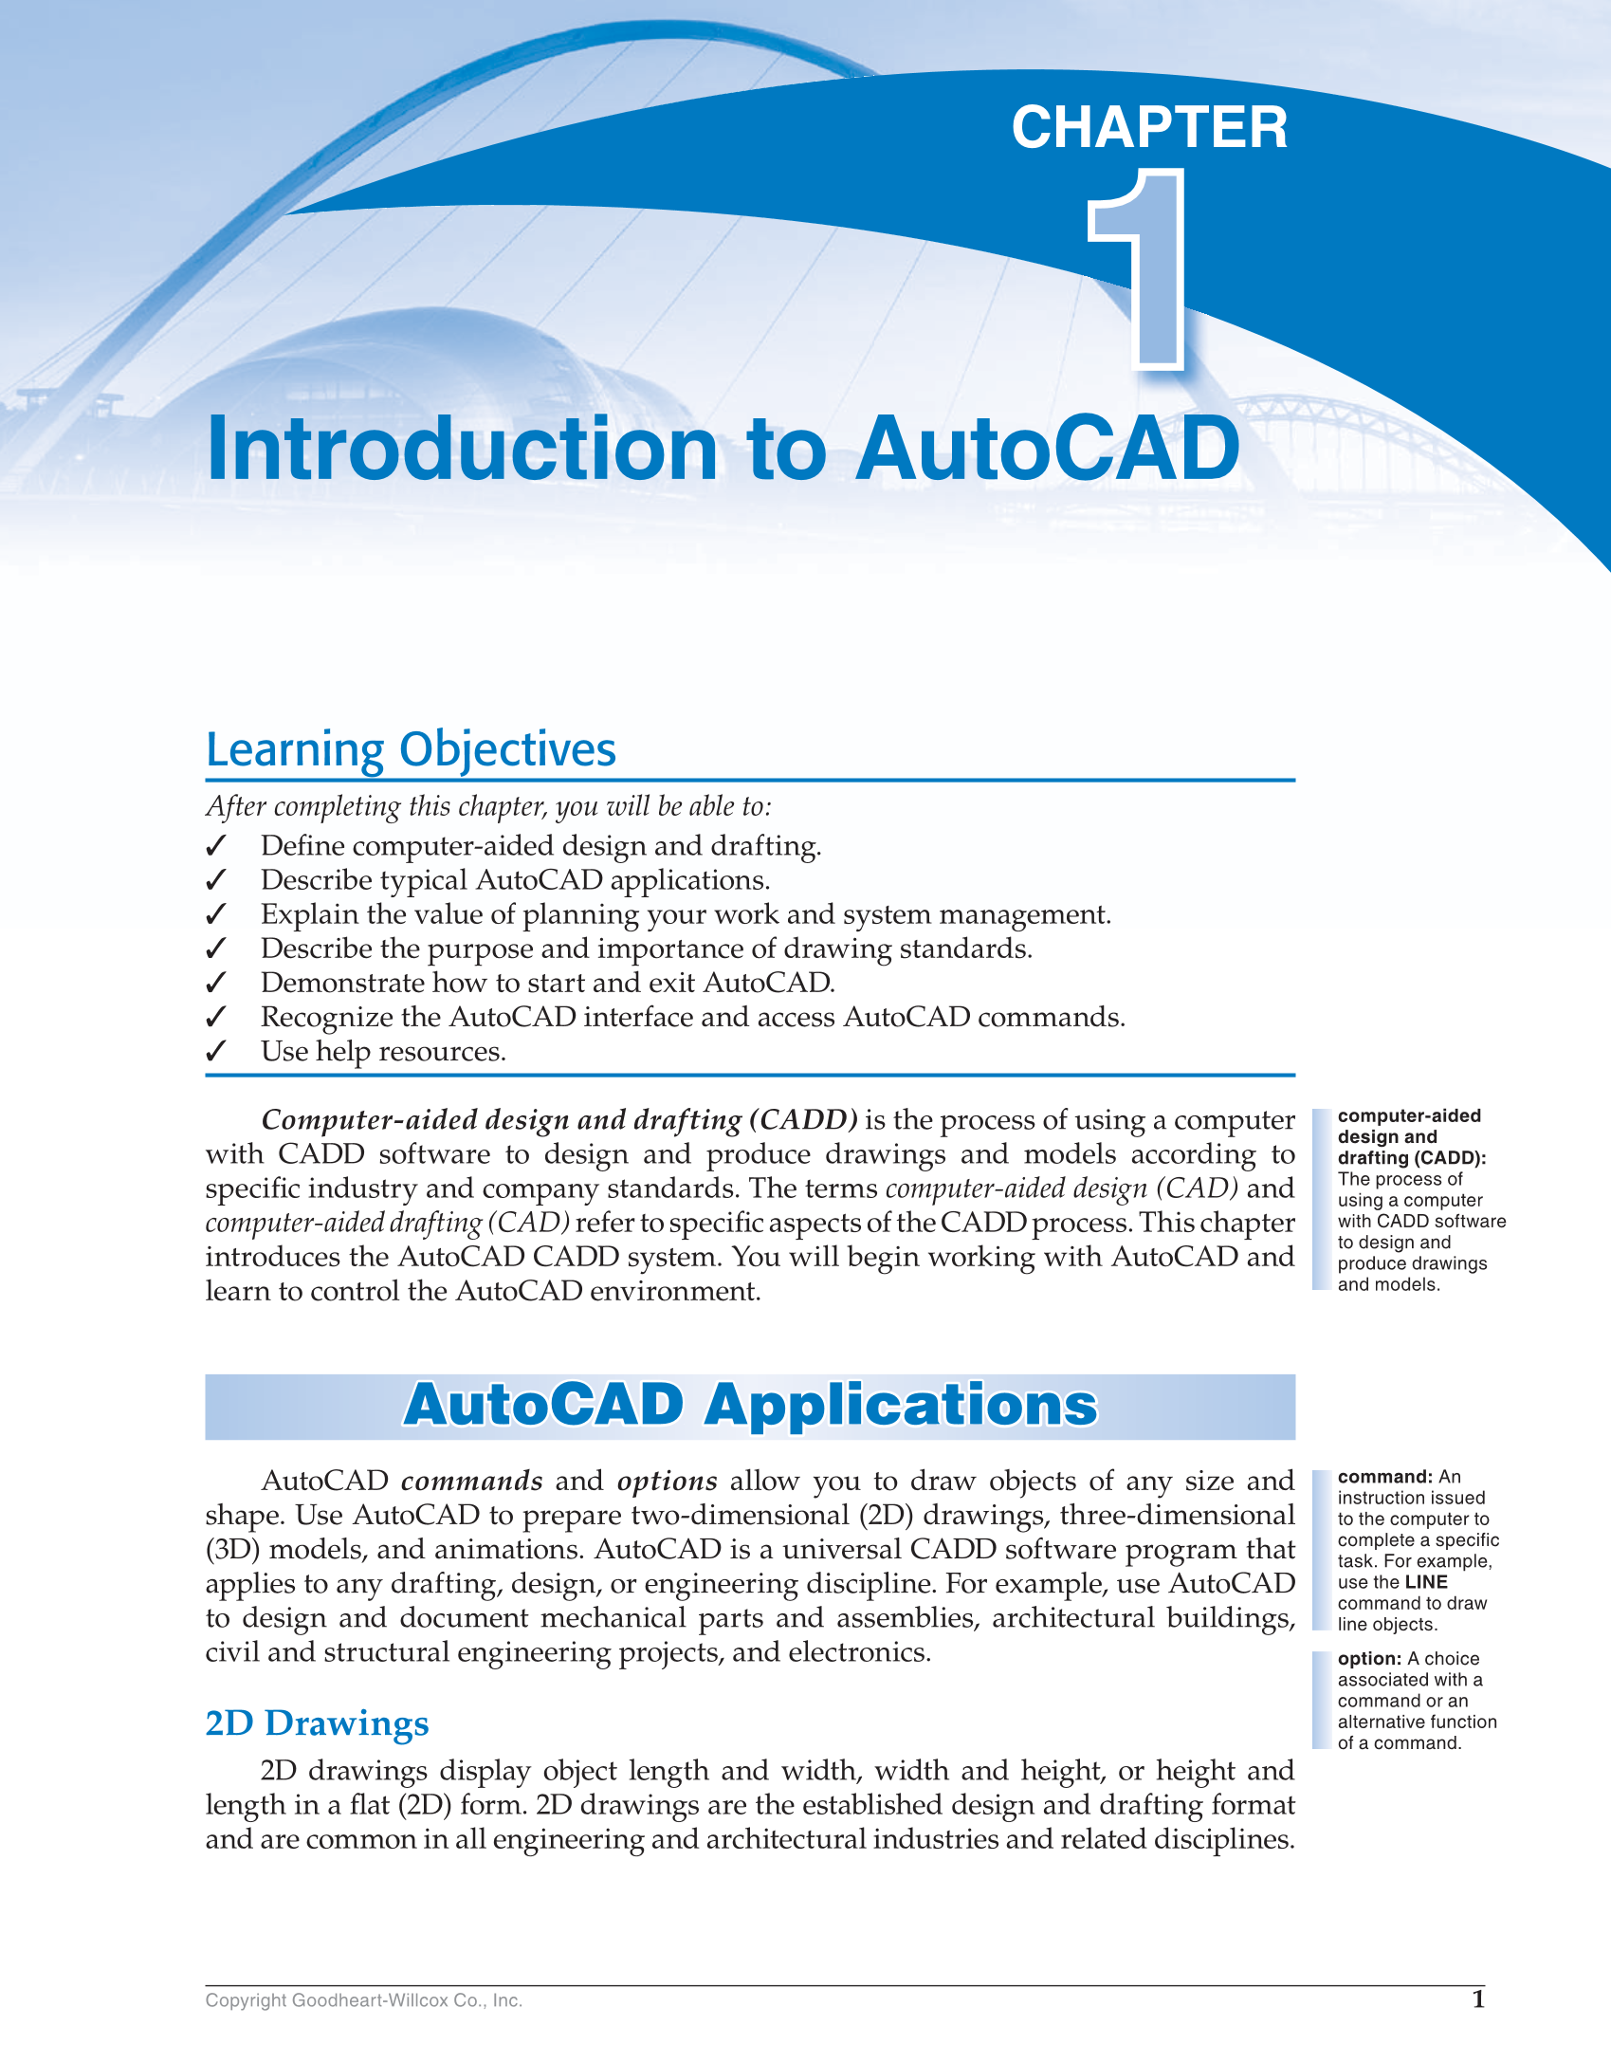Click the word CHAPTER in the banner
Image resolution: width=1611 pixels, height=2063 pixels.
pos(1149,127)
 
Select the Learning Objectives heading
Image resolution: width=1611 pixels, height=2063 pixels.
pos(411,749)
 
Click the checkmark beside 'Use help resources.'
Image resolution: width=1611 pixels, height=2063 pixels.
pos(216,1051)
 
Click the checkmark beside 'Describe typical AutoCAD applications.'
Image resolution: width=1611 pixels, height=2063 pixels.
pos(216,880)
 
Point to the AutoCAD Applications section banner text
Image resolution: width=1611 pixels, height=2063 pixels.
pos(750,1405)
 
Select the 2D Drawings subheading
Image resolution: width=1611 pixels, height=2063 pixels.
pos(317,1722)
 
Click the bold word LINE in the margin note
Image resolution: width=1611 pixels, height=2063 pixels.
pos(1426,1582)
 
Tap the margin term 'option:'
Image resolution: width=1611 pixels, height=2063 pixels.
pos(1369,1659)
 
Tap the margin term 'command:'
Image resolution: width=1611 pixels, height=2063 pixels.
pos(1384,1477)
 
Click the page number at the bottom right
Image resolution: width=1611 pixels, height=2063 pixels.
pos(1477,1999)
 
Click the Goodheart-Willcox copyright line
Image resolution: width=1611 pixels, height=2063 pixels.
pos(363,2000)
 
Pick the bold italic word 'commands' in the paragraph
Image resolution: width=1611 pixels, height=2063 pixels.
pos(471,1481)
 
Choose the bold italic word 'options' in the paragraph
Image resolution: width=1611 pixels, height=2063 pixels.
pos(667,1481)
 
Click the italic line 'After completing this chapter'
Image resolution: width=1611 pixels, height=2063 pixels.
pos(488,806)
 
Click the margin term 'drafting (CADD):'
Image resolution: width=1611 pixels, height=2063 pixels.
pos(1411,1158)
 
